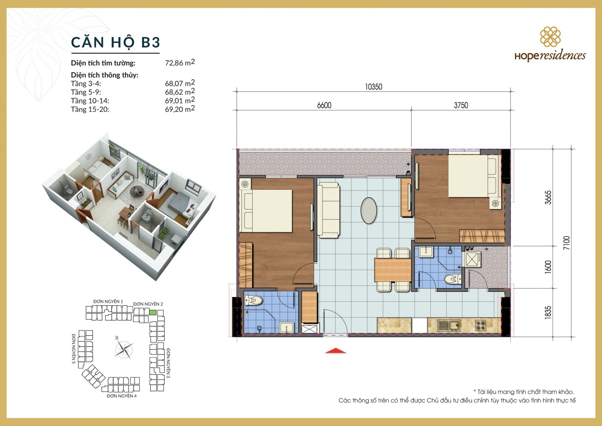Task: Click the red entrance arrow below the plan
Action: click(335, 351)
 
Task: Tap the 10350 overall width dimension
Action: click(373, 87)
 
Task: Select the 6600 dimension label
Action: click(324, 105)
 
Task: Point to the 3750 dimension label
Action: click(461, 105)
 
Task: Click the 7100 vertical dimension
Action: click(566, 243)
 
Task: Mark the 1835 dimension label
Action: click(548, 312)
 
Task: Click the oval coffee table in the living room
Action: click(368, 211)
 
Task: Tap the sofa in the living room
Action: click(328, 210)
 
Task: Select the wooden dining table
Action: click(392, 270)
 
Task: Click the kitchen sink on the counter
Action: click(448, 325)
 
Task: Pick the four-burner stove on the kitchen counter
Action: click(480, 325)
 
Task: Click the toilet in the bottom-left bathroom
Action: click(254, 301)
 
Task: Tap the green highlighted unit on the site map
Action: click(153, 312)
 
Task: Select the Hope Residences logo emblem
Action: click(550, 37)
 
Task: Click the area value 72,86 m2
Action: click(179, 63)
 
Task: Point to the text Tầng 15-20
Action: click(90, 110)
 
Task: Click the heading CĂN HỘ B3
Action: click(116, 42)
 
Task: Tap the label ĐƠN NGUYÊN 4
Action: click(122, 396)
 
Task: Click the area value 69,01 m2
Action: click(179, 101)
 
